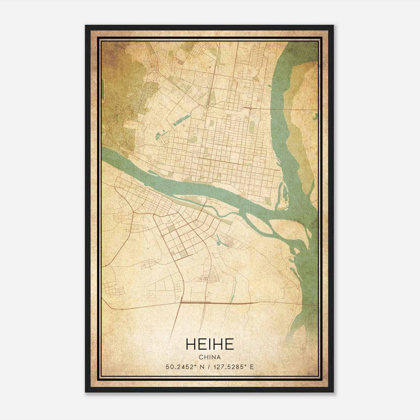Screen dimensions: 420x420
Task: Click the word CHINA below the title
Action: (x=210, y=357)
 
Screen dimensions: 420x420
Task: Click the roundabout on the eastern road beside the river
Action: (x=251, y=108)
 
